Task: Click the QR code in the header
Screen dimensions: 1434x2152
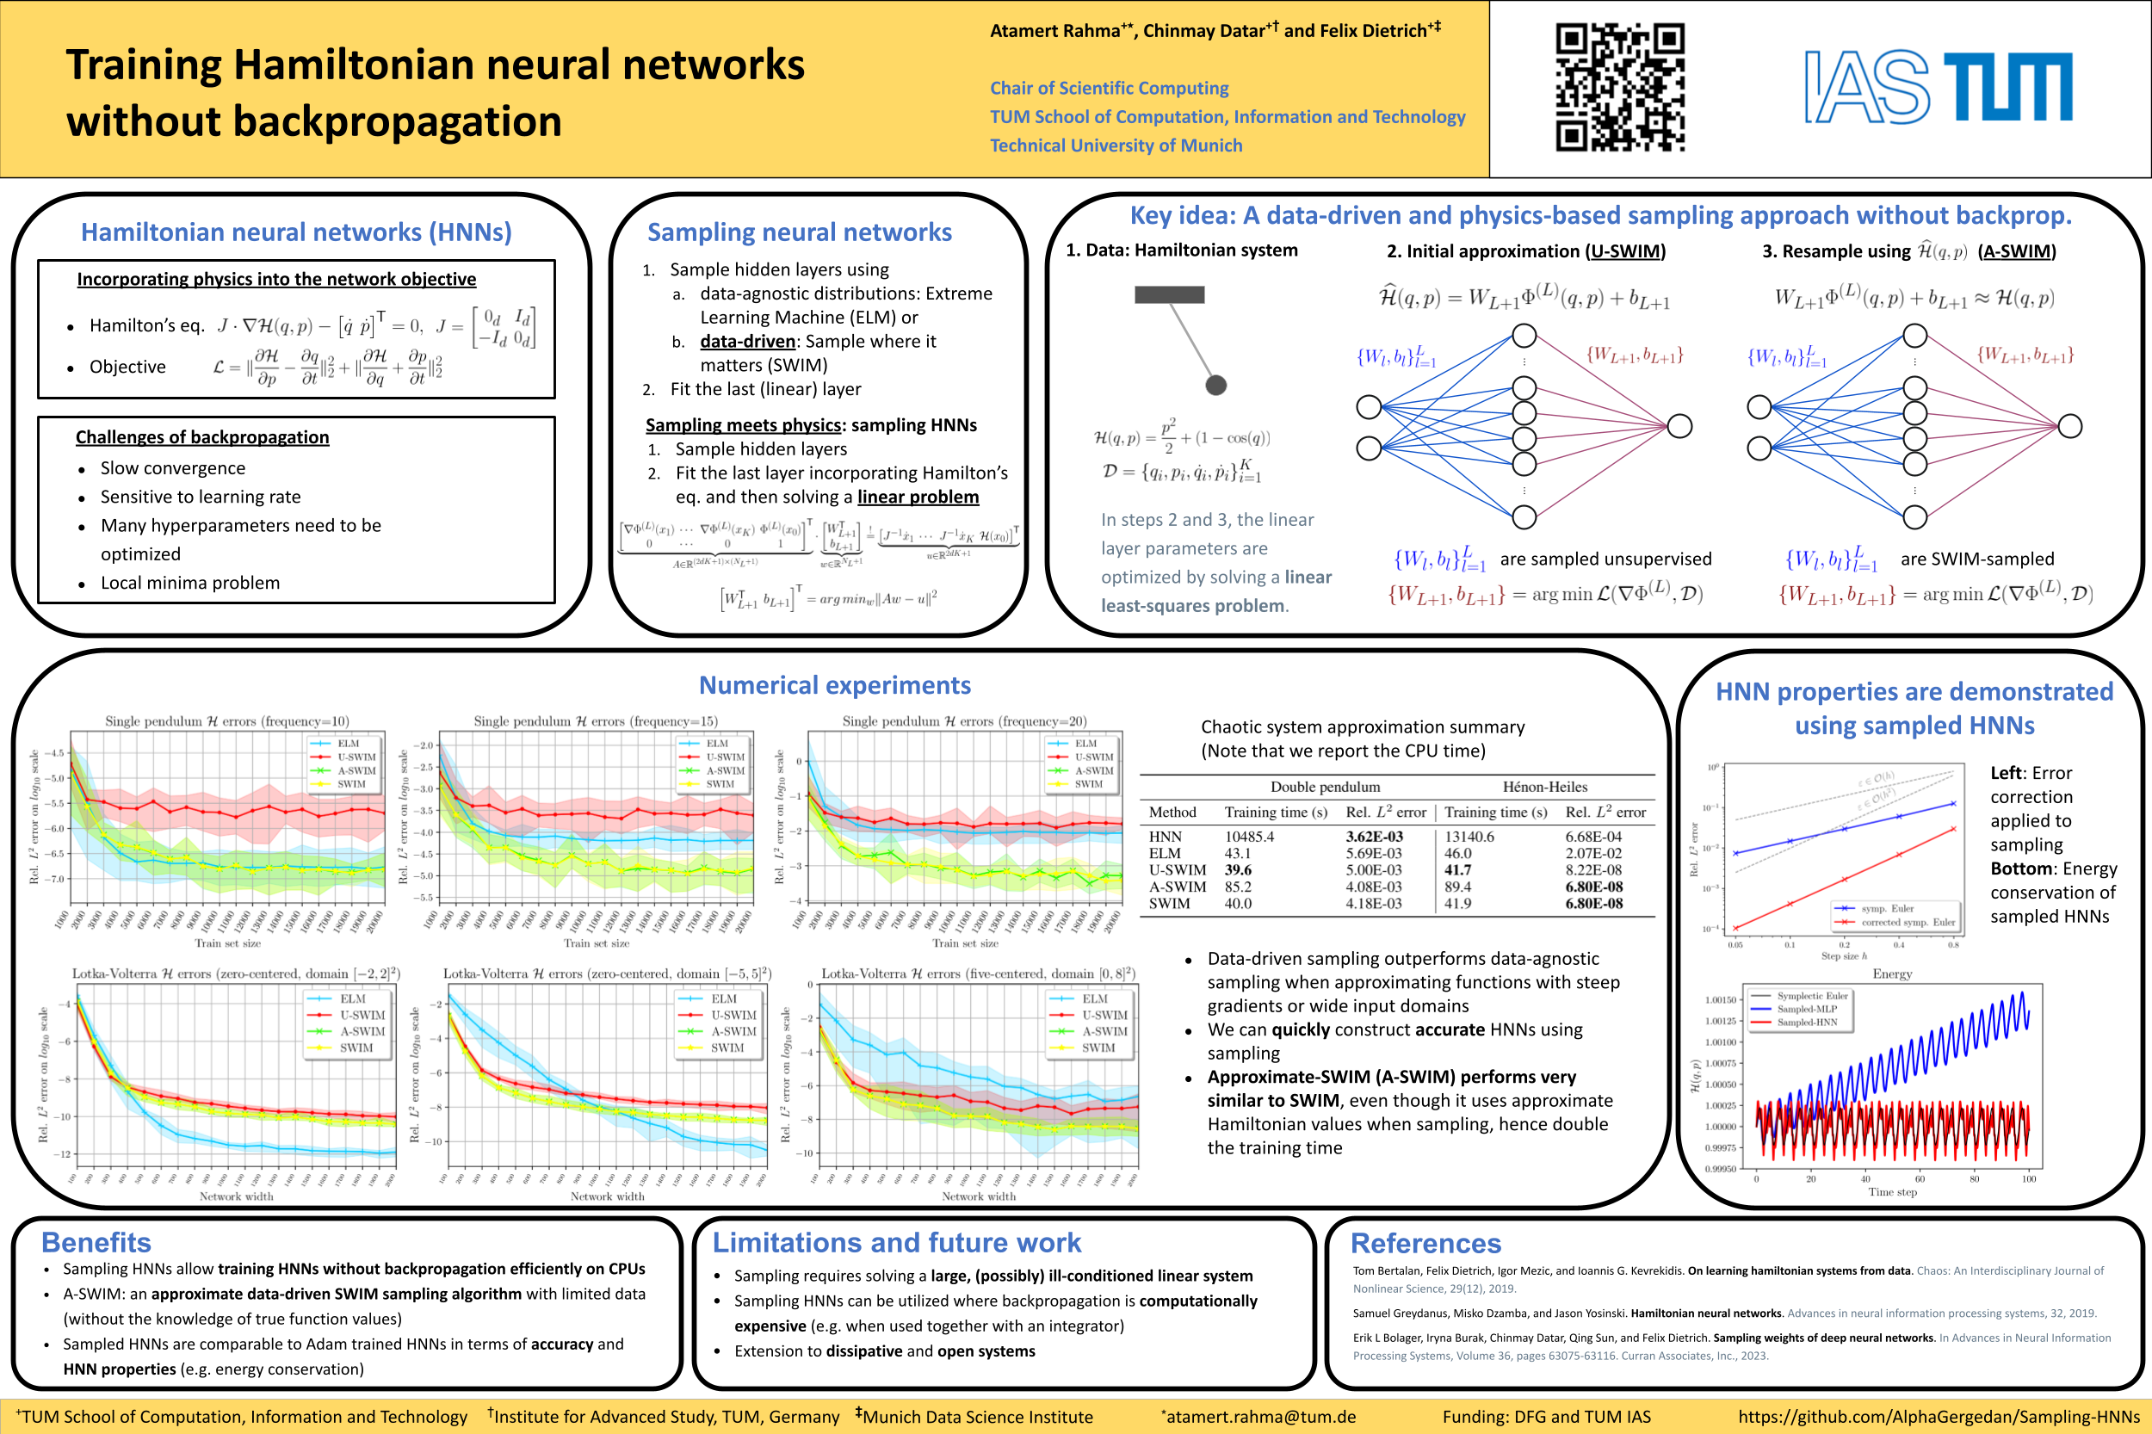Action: tap(1620, 87)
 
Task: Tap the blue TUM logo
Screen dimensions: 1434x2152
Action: tap(2007, 87)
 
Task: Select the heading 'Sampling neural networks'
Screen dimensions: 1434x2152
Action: tap(800, 232)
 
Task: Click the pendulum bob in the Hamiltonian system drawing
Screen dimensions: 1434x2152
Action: tap(1215, 385)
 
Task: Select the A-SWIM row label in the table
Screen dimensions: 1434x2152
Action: tap(1177, 887)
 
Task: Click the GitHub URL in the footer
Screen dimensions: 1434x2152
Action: tap(1938, 1417)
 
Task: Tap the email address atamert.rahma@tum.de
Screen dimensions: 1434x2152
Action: tap(1260, 1417)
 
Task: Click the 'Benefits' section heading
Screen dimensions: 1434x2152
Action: tap(96, 1242)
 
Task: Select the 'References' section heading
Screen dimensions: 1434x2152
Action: tap(1425, 1243)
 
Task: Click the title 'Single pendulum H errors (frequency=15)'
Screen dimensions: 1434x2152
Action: tap(596, 721)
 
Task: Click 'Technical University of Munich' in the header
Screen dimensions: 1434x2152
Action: tap(1116, 145)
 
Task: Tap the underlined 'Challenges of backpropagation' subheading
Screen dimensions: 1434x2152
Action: tap(202, 437)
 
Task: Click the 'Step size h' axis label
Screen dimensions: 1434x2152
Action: tap(1844, 955)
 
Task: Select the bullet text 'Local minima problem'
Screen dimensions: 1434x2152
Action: tap(190, 583)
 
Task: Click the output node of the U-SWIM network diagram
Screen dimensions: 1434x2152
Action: tap(1679, 426)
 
